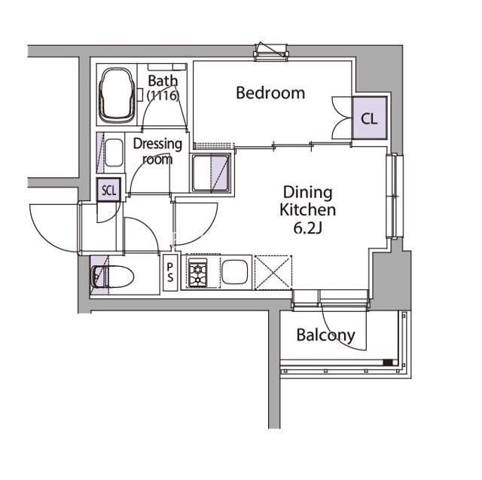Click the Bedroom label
coord(270,93)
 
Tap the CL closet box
coord(369,118)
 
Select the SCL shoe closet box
coord(108,190)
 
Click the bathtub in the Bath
coord(117,96)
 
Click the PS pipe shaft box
coord(170,273)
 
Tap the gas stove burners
coord(197,273)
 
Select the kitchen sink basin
coord(234,273)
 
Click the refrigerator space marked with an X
coord(273,273)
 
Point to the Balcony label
coord(325,335)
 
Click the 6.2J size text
coord(308,228)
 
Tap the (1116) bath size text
coord(163,96)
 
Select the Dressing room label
coord(157,151)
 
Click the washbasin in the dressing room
coord(114,153)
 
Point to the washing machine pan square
coord(211,173)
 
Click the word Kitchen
coord(308,210)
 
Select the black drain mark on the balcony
coord(388,362)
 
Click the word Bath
coord(163,81)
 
